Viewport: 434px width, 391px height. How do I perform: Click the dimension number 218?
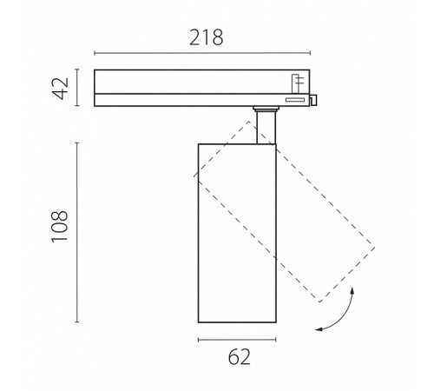(x=207, y=37)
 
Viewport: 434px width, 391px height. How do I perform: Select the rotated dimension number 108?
(x=60, y=227)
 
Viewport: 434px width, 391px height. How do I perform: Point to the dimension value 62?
(x=239, y=357)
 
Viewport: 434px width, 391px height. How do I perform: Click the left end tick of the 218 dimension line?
(x=95, y=53)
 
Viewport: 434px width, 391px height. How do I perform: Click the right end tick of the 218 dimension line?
(x=310, y=53)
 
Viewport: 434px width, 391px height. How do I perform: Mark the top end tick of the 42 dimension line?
(x=77, y=70)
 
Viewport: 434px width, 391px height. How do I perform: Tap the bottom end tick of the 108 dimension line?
(x=77, y=321)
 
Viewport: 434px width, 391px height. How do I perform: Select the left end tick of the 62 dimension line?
(x=199, y=340)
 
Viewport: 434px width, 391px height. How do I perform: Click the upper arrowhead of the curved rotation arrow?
(x=352, y=290)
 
